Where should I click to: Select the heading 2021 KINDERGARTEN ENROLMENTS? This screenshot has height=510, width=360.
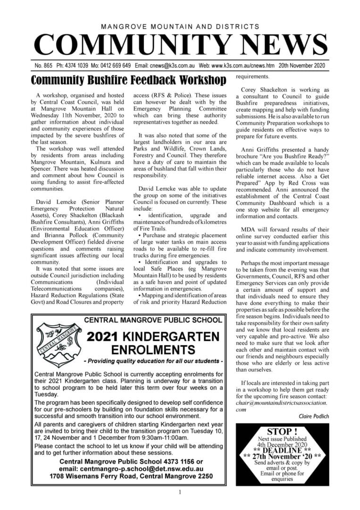click(153, 343)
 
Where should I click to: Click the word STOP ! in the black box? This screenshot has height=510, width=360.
click(283, 432)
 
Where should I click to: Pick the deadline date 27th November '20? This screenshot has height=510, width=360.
click(283, 456)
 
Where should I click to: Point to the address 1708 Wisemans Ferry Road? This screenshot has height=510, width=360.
click(101, 477)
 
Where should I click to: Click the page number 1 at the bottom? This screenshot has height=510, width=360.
click(180, 493)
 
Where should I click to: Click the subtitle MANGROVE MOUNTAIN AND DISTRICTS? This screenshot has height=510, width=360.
click(180, 27)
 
